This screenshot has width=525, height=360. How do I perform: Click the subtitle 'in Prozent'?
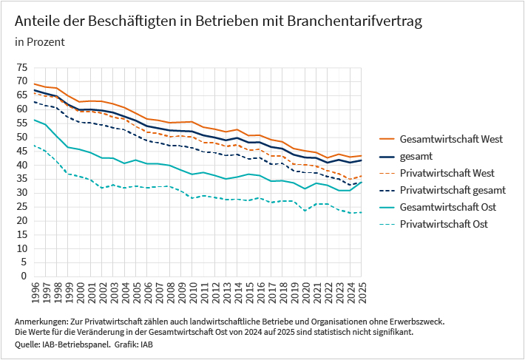[39, 42]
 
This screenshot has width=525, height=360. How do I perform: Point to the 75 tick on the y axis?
[21, 67]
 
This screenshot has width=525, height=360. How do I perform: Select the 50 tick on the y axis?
[21, 137]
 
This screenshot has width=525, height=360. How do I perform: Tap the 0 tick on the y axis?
[24, 276]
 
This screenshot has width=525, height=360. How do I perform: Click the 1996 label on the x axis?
[35, 288]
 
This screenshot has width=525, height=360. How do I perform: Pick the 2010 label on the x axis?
[192, 288]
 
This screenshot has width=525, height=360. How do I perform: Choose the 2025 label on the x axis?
[360, 288]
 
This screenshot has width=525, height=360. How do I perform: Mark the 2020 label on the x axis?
[304, 288]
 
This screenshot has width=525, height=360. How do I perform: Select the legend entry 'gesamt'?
[416, 156]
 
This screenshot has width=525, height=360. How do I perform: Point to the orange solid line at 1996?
[35, 84]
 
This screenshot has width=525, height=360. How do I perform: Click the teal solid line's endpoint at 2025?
[361, 182]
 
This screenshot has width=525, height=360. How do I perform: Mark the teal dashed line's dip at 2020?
[305, 211]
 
